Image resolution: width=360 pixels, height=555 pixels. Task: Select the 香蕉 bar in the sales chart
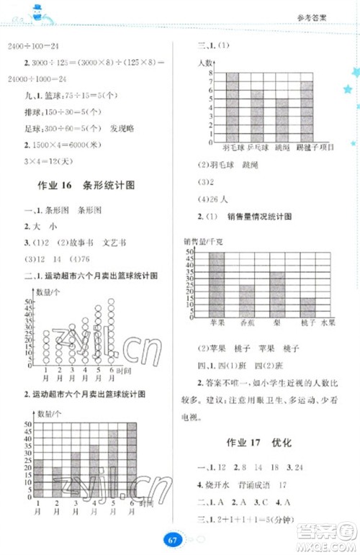pos(247,300)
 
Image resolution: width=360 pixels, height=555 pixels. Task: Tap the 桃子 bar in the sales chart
pos(308,307)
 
